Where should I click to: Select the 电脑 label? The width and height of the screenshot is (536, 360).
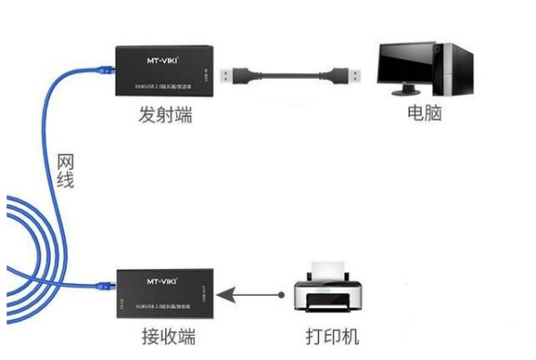click(423, 116)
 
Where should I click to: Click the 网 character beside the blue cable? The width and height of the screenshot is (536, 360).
click(64, 163)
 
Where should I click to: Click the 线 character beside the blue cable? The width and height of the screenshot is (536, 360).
click(64, 181)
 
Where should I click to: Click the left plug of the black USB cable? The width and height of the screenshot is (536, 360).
click(235, 73)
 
